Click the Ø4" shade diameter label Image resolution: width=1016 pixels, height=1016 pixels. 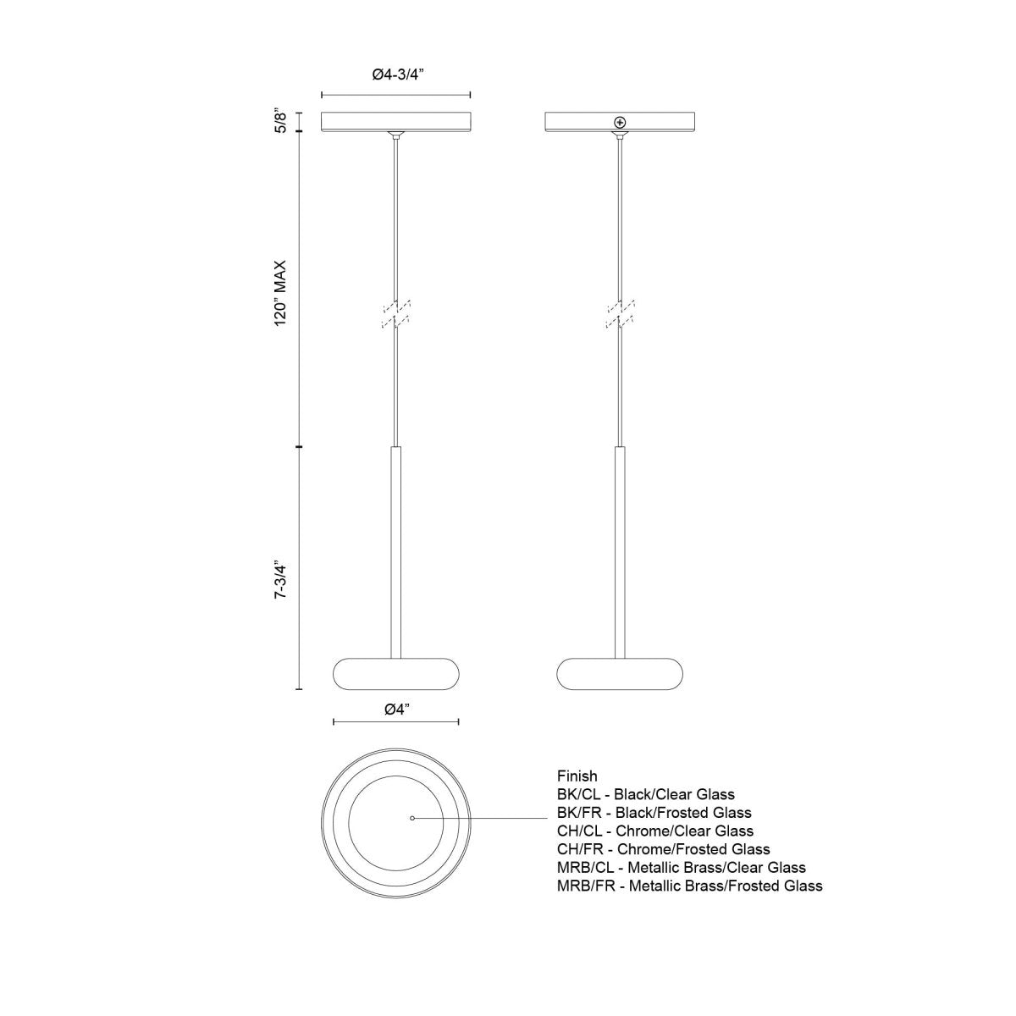(396, 710)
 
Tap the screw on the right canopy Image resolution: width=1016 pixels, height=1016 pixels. (621, 123)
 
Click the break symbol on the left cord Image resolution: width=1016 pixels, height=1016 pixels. (395, 312)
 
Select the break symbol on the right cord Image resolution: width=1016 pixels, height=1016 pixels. (621, 312)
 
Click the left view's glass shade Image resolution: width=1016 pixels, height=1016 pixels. (396, 675)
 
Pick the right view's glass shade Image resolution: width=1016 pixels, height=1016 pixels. (621, 675)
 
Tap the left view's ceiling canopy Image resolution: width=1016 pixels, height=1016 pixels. (396, 122)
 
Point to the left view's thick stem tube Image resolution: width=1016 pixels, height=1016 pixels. (395, 550)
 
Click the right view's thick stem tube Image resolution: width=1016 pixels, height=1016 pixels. (621, 550)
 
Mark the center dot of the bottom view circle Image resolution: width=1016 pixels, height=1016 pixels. (411, 818)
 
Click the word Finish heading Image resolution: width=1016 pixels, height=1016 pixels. (577, 776)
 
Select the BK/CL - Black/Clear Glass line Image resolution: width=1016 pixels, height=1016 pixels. (645, 794)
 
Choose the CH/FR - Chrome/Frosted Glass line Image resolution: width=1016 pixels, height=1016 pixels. (663, 849)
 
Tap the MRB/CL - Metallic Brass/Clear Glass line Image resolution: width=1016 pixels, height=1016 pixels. (681, 867)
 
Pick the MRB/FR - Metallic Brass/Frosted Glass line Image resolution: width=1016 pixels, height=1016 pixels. (689, 886)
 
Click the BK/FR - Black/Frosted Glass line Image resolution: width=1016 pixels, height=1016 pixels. (654, 813)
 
